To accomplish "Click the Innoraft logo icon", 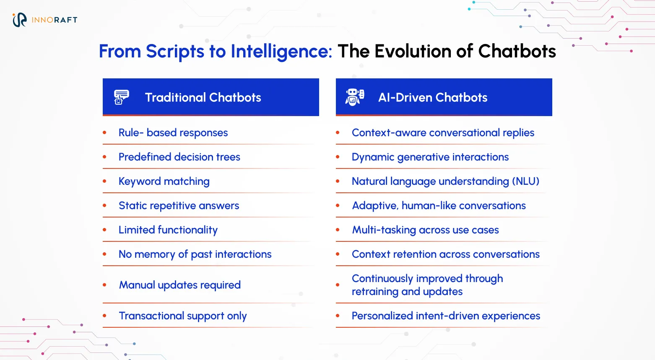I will [x=19, y=20].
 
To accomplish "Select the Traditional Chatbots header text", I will [x=203, y=98].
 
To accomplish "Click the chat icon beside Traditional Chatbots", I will [x=121, y=97].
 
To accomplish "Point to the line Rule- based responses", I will [x=173, y=133].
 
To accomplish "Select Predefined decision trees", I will [x=179, y=157].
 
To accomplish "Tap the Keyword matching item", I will [x=164, y=181].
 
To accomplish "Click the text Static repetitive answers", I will [x=179, y=206].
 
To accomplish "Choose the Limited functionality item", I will [x=168, y=230].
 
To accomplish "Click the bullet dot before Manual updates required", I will [x=104, y=285].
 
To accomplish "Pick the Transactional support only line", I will [x=182, y=316].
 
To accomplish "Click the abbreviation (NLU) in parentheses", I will [x=525, y=181].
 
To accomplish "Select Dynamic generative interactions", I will [x=430, y=157].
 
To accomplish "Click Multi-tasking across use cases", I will [x=425, y=230].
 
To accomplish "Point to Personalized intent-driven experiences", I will [x=446, y=316].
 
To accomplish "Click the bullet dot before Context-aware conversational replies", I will [x=338, y=133].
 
